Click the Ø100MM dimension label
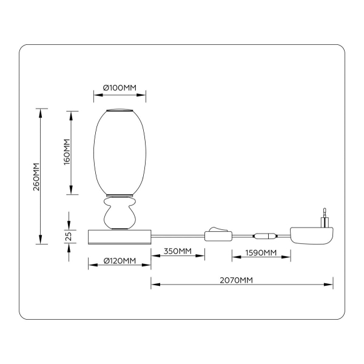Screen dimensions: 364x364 (120, 88)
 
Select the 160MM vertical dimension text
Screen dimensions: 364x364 (67, 152)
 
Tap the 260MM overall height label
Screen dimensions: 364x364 (36, 177)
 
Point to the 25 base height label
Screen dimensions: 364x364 (69, 235)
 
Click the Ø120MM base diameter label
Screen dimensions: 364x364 (120, 261)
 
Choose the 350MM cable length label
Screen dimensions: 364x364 (178, 252)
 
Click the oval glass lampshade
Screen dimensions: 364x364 (120, 152)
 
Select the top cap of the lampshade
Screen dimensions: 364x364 (120, 110)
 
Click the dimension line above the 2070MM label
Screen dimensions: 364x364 (243, 283)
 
